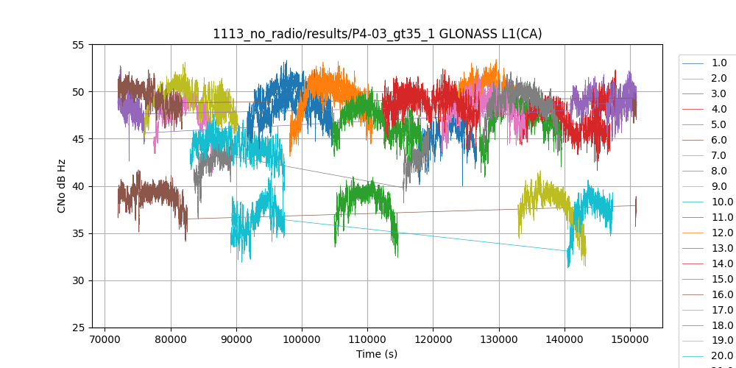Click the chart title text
(x=377, y=34)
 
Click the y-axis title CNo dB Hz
(x=62, y=186)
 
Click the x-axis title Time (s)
(x=377, y=354)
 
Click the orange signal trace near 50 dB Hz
(x=324, y=81)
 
